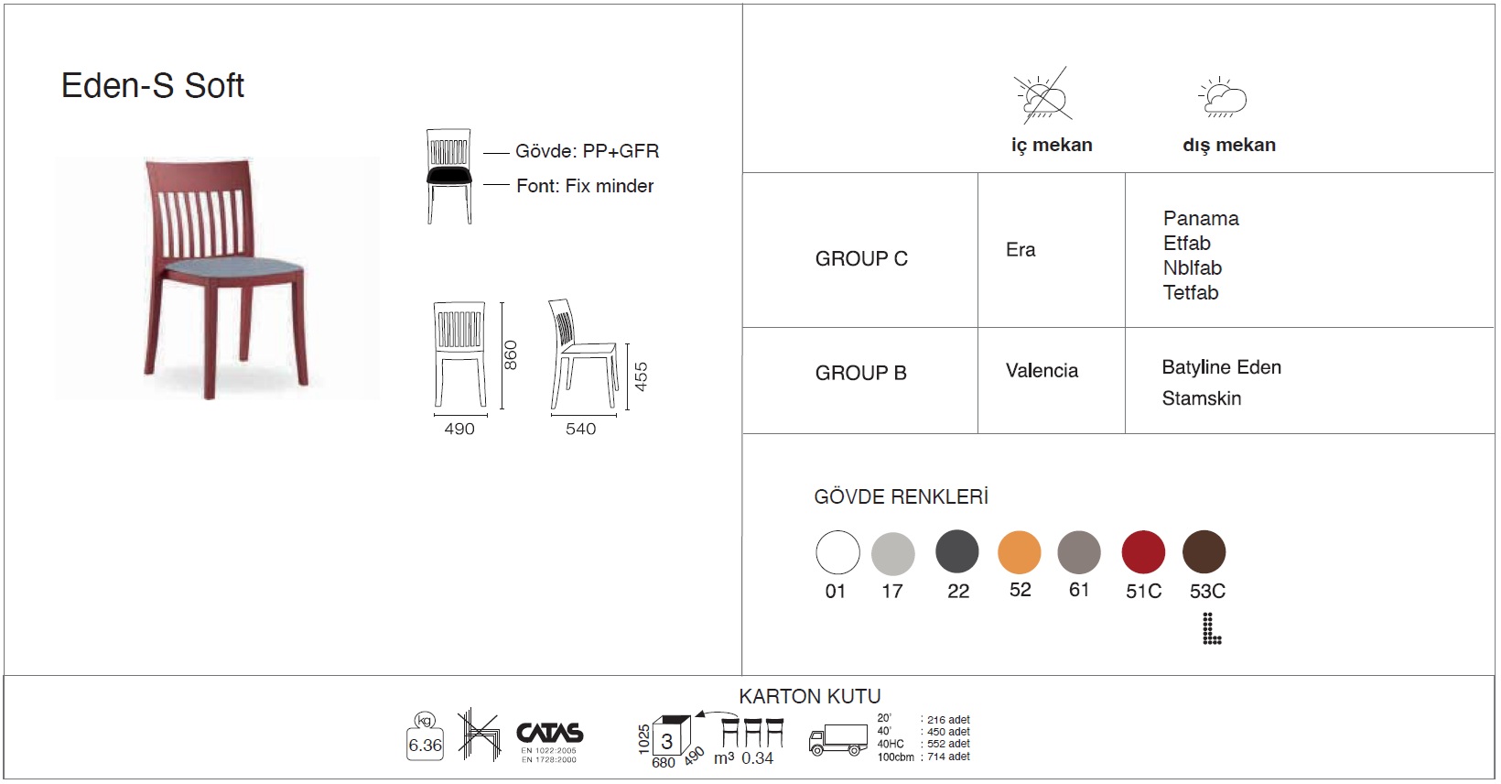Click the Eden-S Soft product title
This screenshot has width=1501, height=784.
point(153,86)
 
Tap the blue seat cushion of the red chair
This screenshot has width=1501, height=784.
point(232,267)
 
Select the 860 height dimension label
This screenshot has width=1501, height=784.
point(511,354)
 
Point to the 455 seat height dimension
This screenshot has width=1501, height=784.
point(642,377)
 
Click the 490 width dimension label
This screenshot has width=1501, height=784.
point(459,429)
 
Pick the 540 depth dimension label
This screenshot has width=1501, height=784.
point(581,429)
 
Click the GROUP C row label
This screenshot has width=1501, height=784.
point(861,259)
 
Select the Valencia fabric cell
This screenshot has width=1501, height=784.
point(1042,371)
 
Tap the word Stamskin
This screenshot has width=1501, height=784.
point(1202,398)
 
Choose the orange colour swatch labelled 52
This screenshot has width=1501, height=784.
point(1020,552)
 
